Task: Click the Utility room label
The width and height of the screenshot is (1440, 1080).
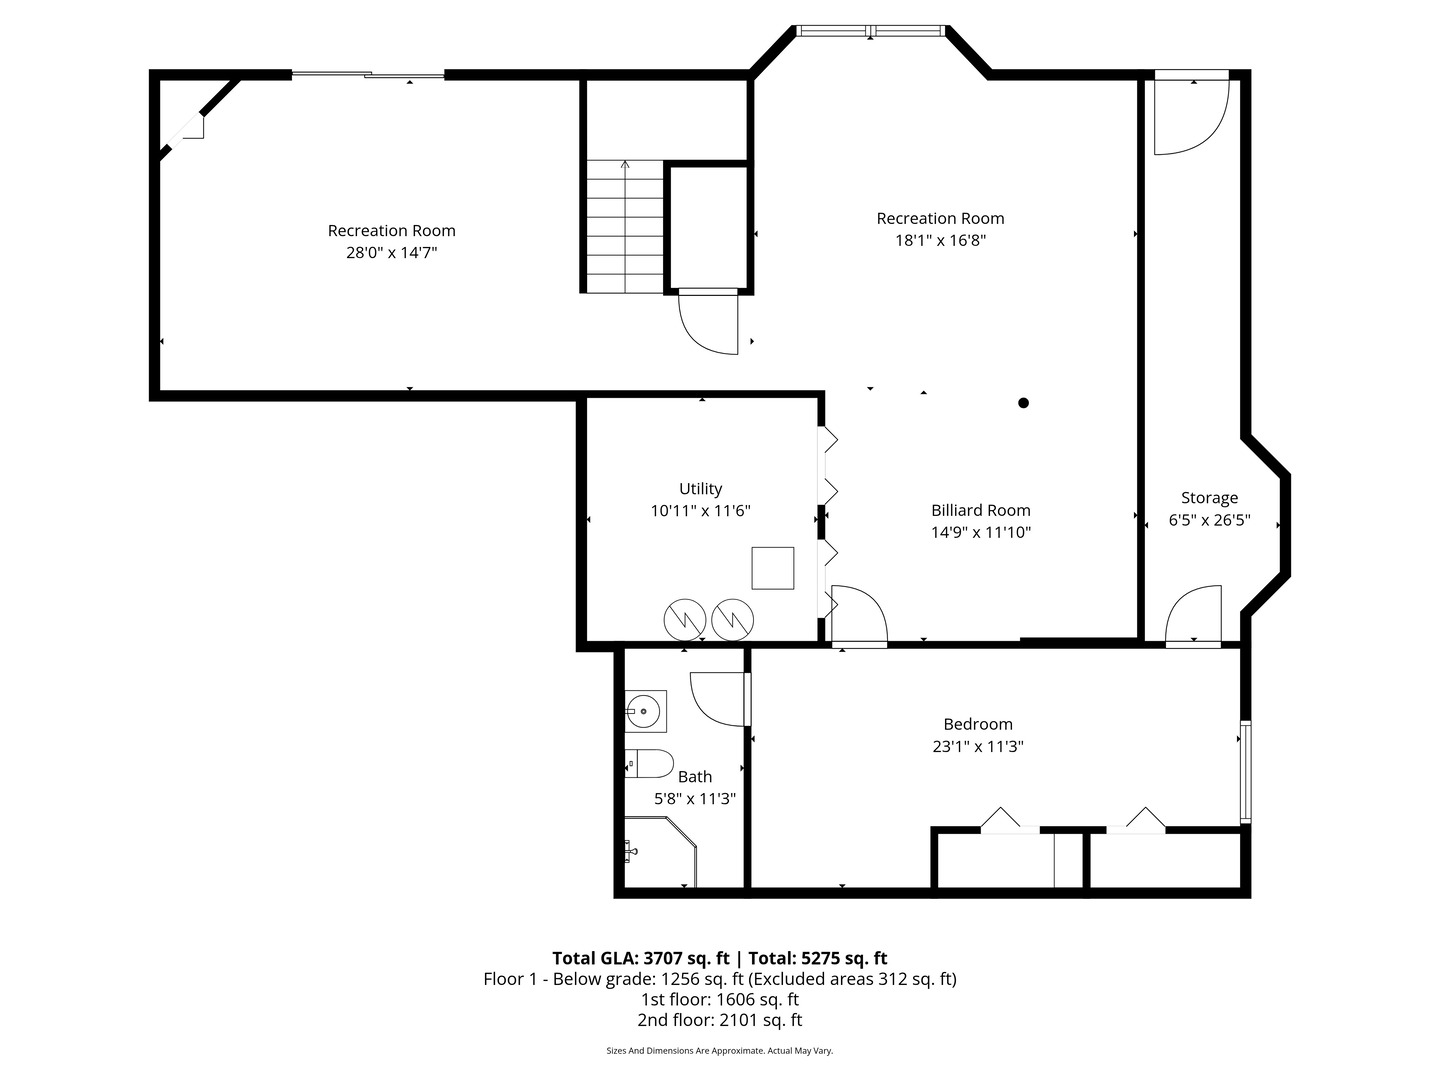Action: pyautogui.click(x=700, y=489)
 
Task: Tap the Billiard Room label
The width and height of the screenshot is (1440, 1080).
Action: pyautogui.click(x=980, y=510)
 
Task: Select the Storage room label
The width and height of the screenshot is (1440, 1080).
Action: pyautogui.click(x=1209, y=498)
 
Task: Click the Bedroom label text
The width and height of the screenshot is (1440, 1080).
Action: pyautogui.click(x=978, y=724)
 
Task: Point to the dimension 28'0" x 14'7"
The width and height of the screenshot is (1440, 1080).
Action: pyautogui.click(x=391, y=253)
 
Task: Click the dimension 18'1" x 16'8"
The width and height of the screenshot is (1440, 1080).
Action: pyautogui.click(x=940, y=240)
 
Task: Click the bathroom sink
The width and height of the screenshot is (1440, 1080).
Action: pyautogui.click(x=645, y=712)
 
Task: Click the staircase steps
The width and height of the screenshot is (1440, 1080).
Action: pyautogui.click(x=624, y=227)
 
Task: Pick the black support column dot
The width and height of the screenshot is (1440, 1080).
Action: pyautogui.click(x=1023, y=403)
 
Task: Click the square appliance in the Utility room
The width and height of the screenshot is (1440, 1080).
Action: pyautogui.click(x=773, y=568)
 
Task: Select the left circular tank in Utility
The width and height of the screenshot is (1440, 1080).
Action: pyautogui.click(x=686, y=619)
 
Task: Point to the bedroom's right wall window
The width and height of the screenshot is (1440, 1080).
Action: pyautogui.click(x=1245, y=771)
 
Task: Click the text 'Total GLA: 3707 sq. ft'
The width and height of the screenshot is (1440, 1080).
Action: pyautogui.click(x=640, y=958)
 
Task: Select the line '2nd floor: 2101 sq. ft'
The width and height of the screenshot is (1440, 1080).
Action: pyautogui.click(x=719, y=1020)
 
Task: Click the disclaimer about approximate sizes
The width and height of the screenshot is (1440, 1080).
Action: pyautogui.click(x=719, y=1051)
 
